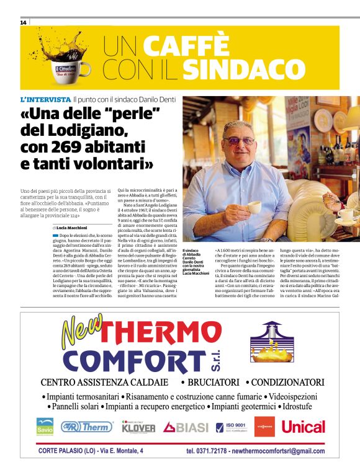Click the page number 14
24,22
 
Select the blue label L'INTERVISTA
45,99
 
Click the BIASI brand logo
186,427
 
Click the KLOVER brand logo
138,427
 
